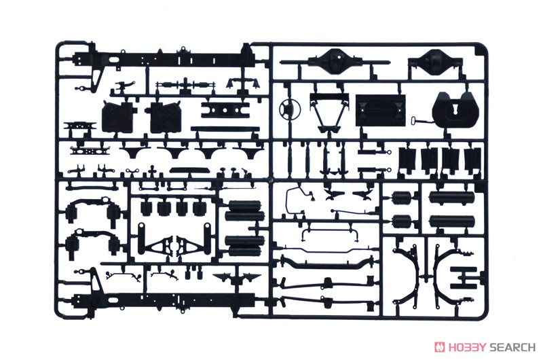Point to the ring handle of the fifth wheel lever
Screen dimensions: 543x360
[x=414, y=121]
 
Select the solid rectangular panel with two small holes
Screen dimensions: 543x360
[x=380, y=111]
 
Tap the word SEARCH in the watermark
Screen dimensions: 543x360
[x=512, y=347]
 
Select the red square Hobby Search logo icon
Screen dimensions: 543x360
[x=440, y=347]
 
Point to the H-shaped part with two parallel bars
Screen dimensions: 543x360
[x=464, y=278]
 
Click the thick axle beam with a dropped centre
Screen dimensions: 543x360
[x=326, y=264]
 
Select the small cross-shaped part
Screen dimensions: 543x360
[x=151, y=173]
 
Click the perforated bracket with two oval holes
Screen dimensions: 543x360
[x=90, y=151]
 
